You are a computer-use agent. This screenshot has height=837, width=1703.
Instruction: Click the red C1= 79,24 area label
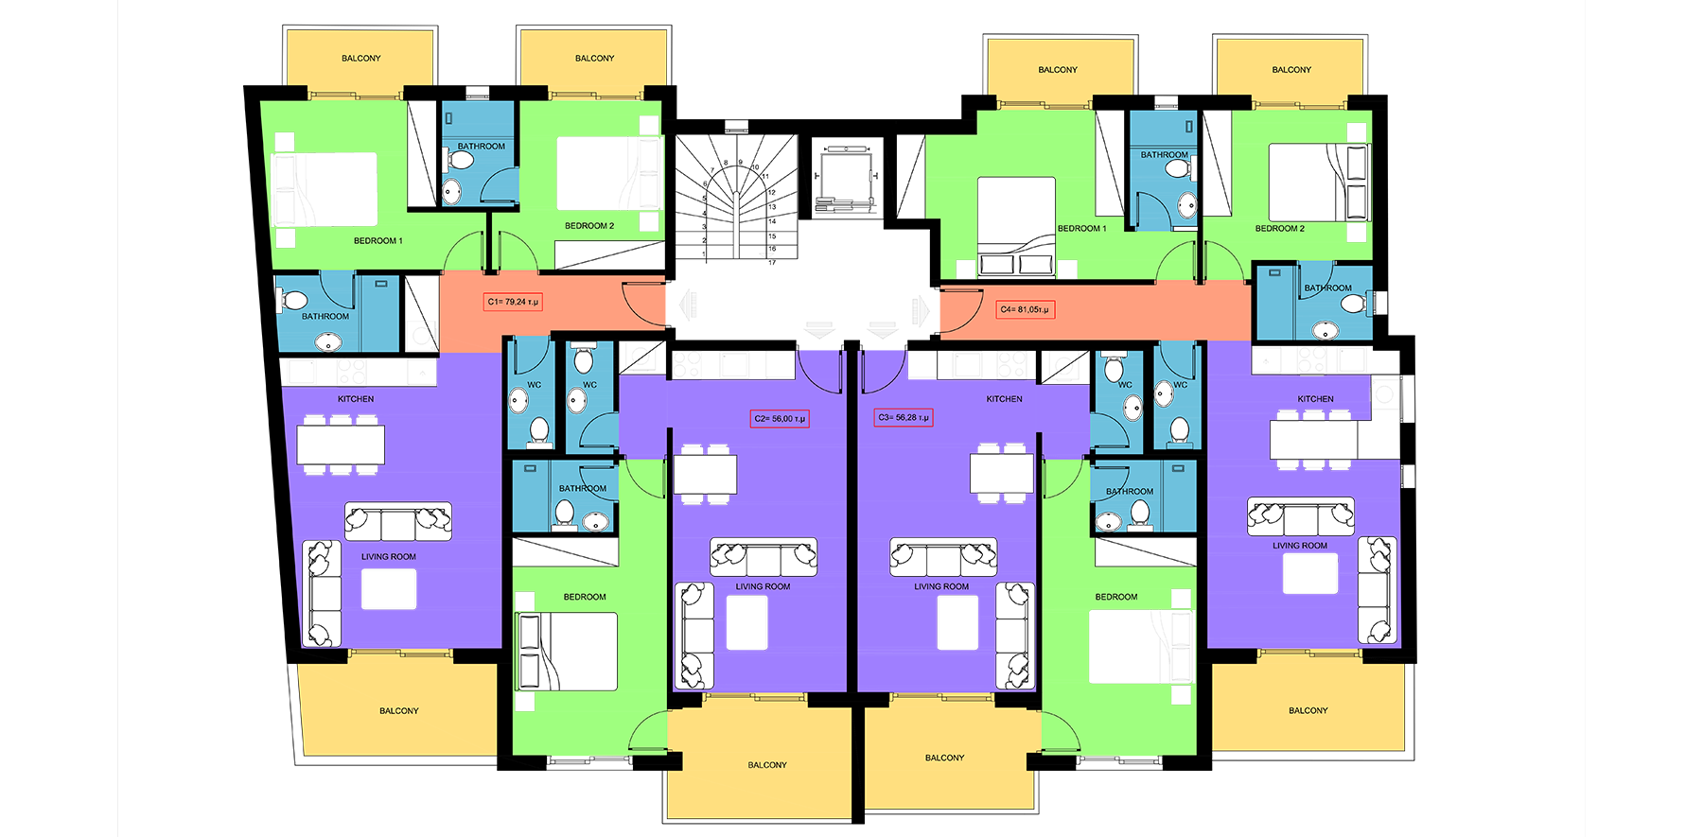point(513,302)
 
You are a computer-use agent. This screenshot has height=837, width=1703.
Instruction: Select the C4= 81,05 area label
point(1025,309)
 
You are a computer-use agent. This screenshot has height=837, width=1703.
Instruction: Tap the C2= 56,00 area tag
point(780,418)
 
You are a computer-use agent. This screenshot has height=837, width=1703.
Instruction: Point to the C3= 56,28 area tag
point(904,417)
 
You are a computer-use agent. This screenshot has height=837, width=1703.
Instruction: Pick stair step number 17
point(772,262)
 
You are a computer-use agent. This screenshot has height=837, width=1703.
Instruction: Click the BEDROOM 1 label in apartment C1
point(378,241)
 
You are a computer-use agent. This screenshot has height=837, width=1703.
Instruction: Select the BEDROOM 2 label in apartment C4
point(1280,229)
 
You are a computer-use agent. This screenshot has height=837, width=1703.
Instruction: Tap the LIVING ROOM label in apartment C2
point(763,586)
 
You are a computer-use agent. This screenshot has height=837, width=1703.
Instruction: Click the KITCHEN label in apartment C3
point(1004,399)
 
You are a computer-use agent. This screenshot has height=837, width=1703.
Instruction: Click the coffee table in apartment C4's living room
point(1310,574)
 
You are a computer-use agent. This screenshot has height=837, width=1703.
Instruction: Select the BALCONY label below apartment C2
point(767,765)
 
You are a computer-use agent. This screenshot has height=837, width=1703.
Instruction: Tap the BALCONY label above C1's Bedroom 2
point(595,59)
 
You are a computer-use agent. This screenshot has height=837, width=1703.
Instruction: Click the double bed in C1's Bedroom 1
point(325,189)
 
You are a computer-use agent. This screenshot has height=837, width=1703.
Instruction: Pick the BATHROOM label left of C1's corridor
point(325,317)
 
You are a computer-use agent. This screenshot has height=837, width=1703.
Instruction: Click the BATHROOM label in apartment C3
point(1130,492)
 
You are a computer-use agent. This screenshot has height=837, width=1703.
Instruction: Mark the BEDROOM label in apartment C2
point(585,597)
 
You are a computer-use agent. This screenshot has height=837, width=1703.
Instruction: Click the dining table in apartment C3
point(1002,474)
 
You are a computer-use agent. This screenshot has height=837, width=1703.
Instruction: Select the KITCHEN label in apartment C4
point(1315,399)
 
